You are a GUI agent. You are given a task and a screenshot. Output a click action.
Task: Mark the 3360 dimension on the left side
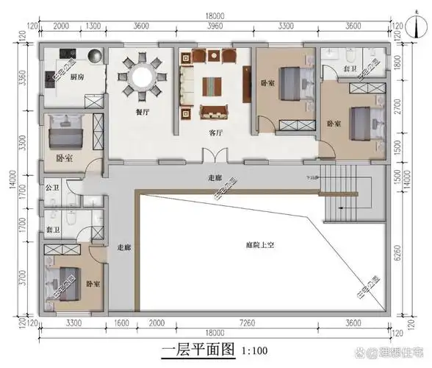click(21, 79)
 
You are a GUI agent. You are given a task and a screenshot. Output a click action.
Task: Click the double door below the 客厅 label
click(214, 157)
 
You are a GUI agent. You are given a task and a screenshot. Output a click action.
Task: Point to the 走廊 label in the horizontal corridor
click(214, 178)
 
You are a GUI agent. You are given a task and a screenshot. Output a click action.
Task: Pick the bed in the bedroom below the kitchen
click(65, 135)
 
